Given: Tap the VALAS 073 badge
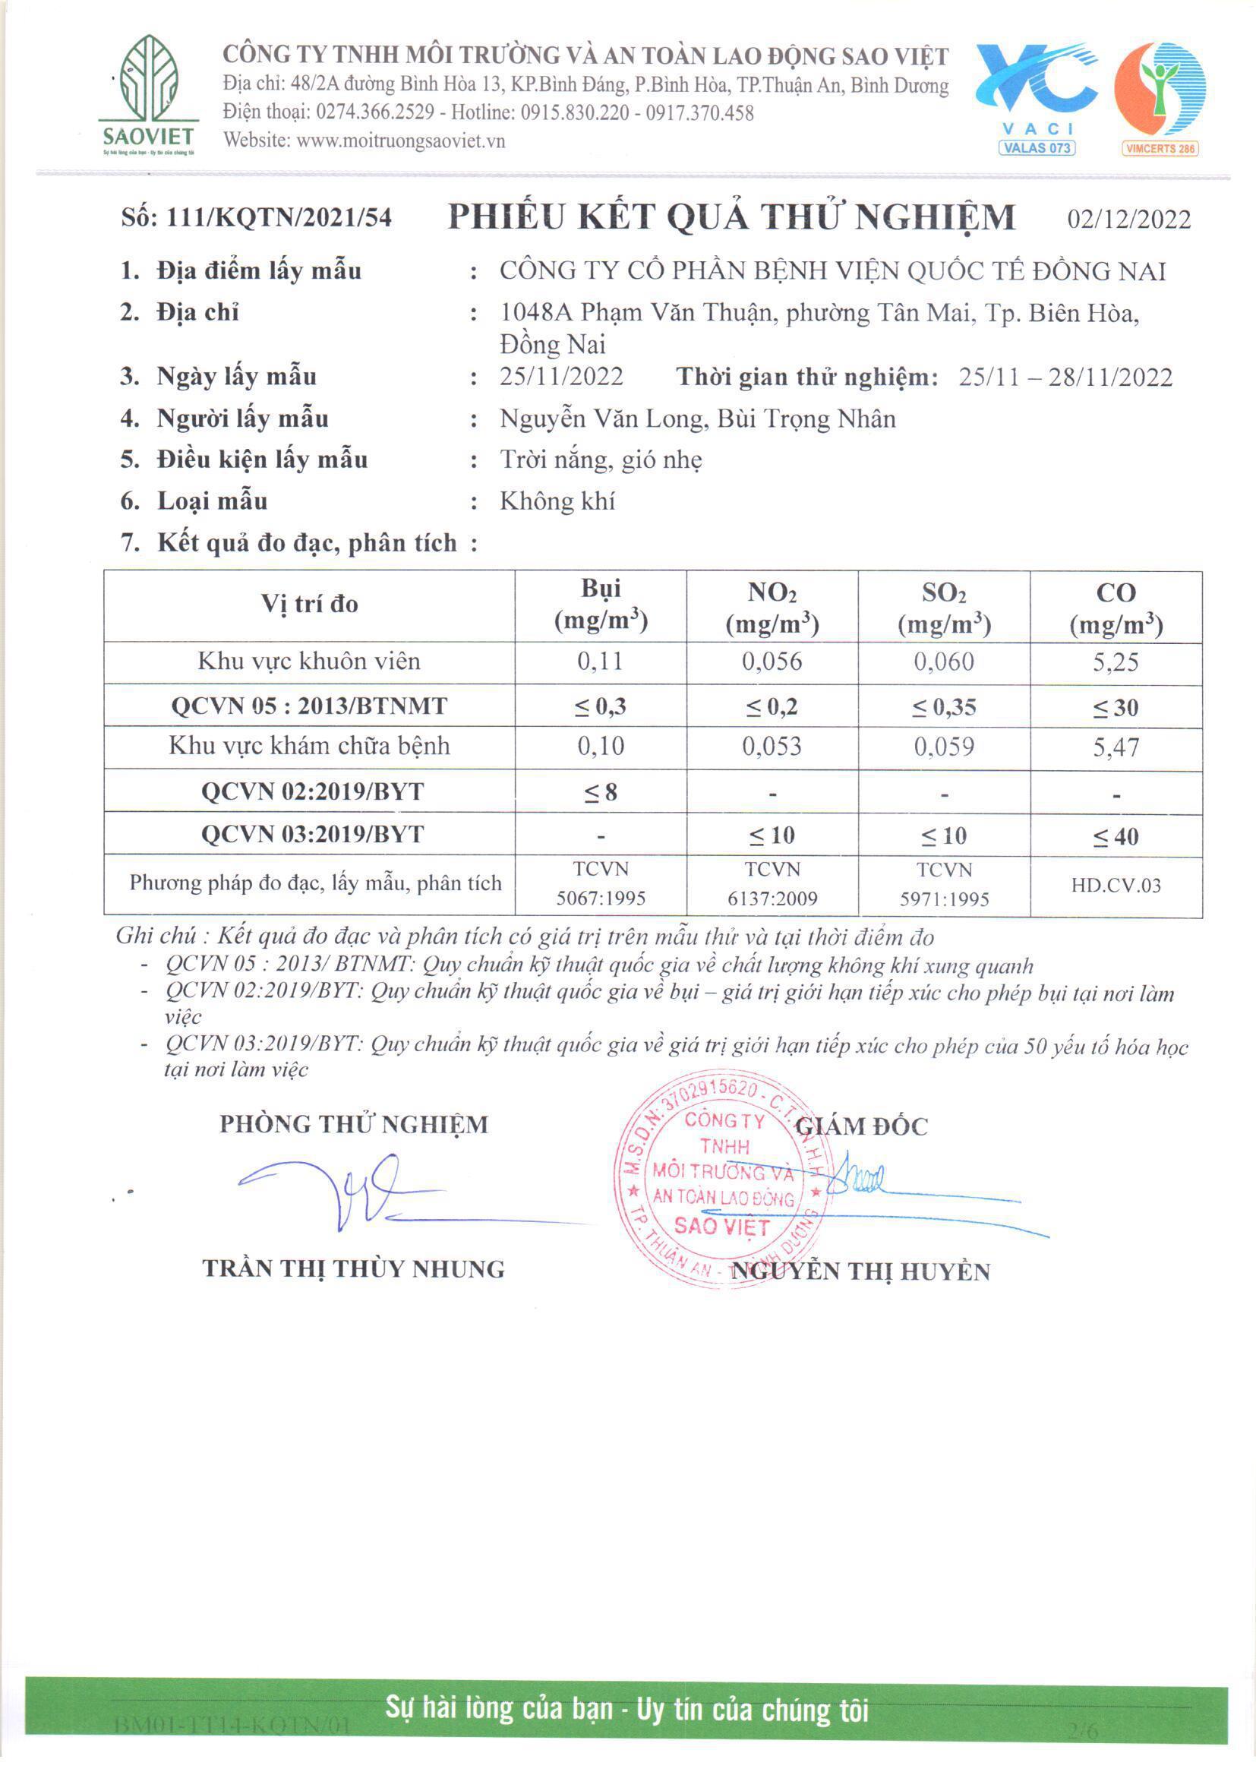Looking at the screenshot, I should click(1037, 147).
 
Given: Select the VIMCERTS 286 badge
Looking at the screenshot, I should click(1160, 149).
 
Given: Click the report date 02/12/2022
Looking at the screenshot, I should click(1128, 220).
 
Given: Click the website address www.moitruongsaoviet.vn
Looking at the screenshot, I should click(401, 141).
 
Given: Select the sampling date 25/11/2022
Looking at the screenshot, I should click(561, 377).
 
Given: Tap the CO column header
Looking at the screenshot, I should click(1116, 607).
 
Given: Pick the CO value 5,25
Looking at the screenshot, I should click(1116, 662).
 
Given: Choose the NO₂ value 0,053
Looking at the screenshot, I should click(772, 747).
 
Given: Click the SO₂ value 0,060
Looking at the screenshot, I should click(944, 662).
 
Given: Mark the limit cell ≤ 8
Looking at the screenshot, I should click(601, 792).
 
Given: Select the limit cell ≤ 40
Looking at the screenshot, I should click(1116, 836).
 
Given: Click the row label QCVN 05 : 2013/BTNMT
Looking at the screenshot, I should click(309, 706).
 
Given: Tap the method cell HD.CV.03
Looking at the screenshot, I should click(1116, 886).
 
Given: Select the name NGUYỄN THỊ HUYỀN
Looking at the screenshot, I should click(860, 1272).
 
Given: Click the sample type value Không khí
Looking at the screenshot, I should click(557, 501).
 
